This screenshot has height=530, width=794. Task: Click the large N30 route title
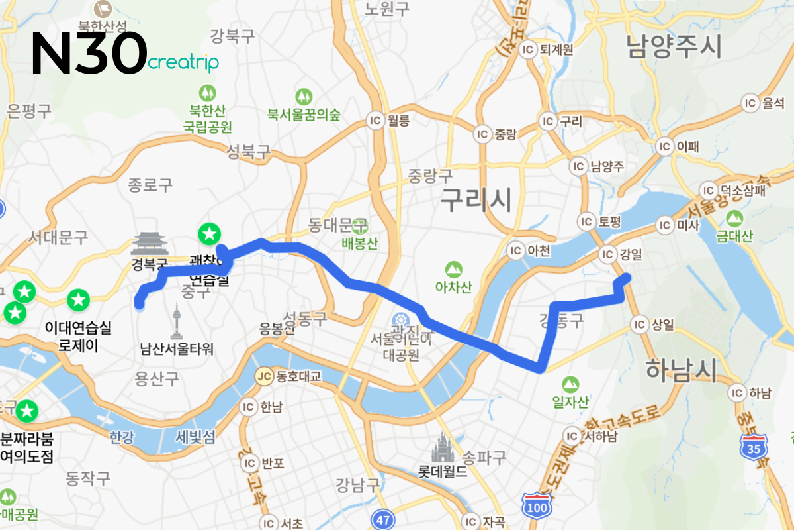(89, 52)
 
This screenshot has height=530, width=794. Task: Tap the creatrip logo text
(183, 63)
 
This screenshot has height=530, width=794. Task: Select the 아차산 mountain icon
(453, 269)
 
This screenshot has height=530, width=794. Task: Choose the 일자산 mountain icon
(570, 384)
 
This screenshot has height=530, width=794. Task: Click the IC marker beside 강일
(607, 254)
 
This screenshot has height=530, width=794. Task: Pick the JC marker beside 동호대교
(265, 376)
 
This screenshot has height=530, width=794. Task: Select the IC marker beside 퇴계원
(528, 50)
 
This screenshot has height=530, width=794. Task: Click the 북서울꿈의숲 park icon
(304, 96)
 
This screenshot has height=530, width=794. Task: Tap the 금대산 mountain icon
(733, 218)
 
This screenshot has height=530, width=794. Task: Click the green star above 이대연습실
(79, 299)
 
